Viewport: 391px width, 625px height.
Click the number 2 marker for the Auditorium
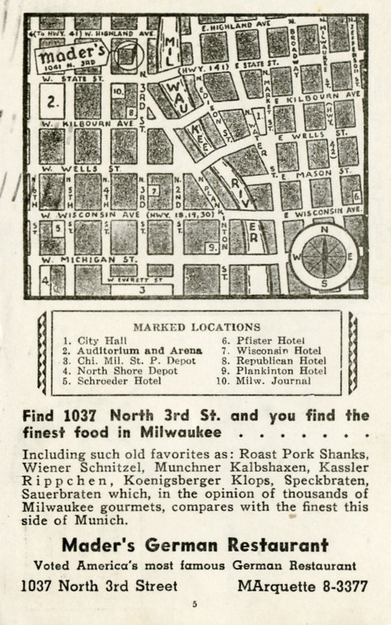coord(53,104)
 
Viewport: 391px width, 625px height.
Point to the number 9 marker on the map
coord(211,248)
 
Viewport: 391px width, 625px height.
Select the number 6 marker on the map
coord(357,196)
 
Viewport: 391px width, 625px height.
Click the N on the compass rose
coord(324,229)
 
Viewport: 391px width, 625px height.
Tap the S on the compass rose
coord(324,284)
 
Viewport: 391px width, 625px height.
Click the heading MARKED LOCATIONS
coord(196,327)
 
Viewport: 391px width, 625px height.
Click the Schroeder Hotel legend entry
coord(119,380)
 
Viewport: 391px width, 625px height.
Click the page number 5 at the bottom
coord(194,605)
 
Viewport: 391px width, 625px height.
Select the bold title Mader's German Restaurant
coord(195,545)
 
